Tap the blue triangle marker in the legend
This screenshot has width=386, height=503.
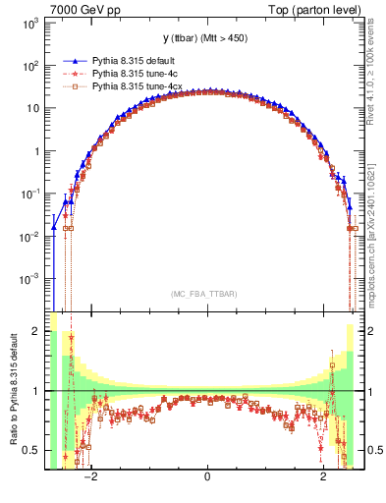point(71,60)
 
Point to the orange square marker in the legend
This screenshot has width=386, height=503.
point(71,87)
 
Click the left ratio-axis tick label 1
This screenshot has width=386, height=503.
point(38,391)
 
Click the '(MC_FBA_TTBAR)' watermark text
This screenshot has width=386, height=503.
point(206,293)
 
